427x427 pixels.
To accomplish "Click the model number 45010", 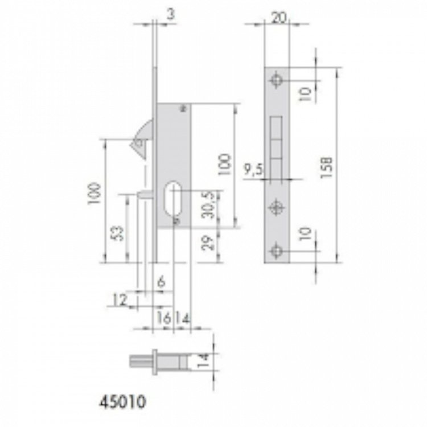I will [x=122, y=403].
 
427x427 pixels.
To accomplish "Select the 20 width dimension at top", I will [x=278, y=18].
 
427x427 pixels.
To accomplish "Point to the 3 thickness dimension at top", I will [x=170, y=15].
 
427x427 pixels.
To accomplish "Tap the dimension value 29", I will [x=208, y=243].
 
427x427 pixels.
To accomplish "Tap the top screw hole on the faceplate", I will [x=277, y=80].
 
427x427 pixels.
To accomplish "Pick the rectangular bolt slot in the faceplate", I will [x=277, y=145].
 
